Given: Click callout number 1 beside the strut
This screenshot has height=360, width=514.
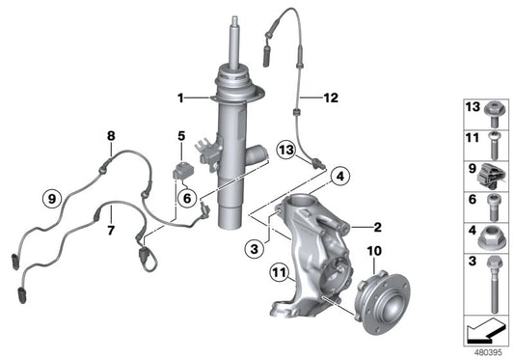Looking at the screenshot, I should (180, 97).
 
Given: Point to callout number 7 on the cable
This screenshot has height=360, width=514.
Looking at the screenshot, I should (112, 231).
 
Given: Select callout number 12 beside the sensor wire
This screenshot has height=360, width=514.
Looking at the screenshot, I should (331, 97).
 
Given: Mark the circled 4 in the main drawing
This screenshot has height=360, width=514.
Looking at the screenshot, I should (338, 176).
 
